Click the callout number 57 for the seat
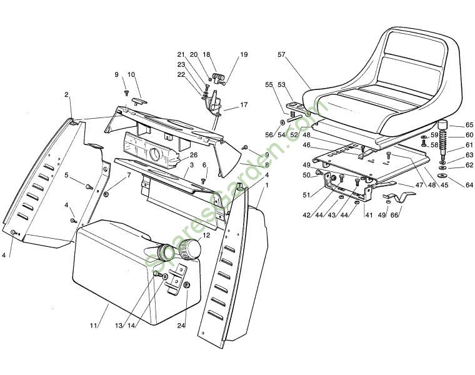[x=281, y=54]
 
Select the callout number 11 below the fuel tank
[x=93, y=326]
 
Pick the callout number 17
[x=244, y=105]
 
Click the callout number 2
[x=66, y=95]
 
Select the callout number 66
[x=394, y=216]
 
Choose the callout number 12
[x=206, y=236]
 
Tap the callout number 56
[x=269, y=134]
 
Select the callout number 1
[x=267, y=186]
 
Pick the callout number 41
[x=369, y=216]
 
